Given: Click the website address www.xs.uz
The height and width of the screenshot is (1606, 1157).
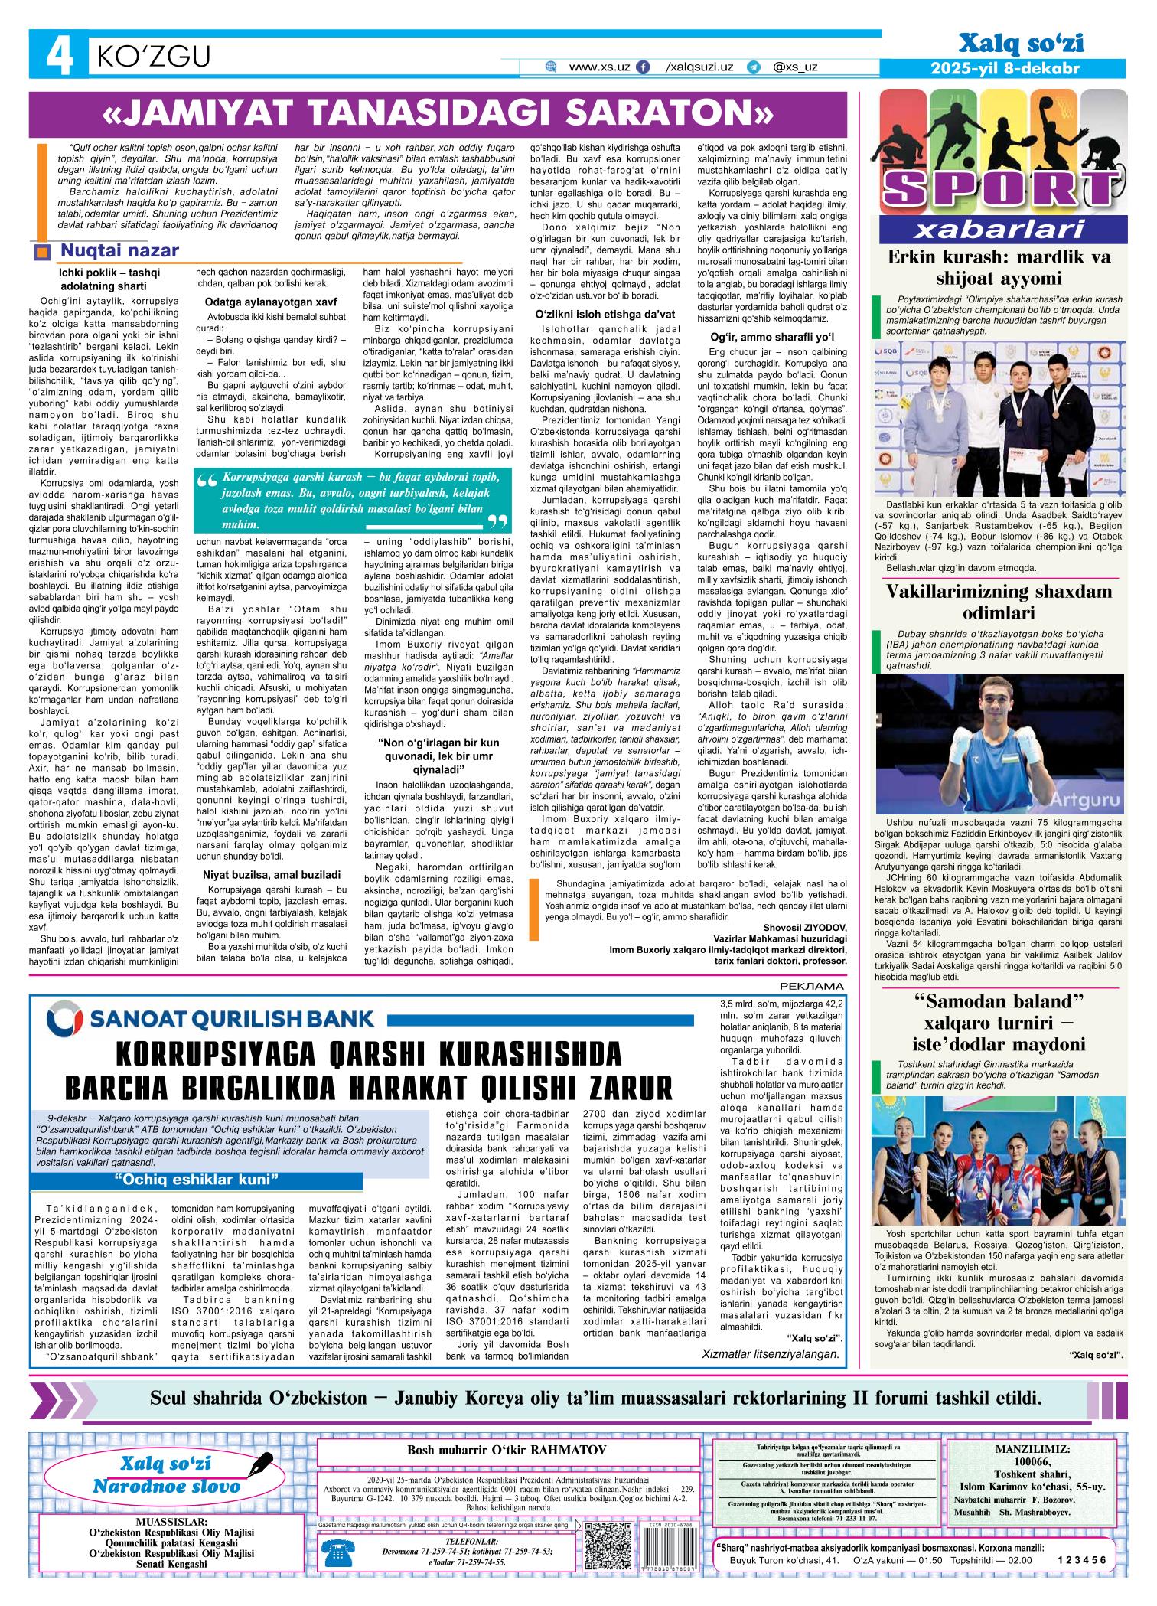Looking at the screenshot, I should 599,67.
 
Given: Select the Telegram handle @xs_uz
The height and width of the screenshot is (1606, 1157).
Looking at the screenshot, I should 795,67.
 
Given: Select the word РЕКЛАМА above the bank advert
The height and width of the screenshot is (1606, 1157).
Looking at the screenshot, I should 816,985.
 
